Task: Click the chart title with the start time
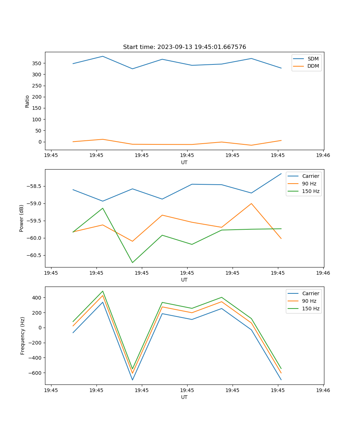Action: (x=184, y=47)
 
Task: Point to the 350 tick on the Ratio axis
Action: (x=37, y=63)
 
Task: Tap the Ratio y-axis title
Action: (x=27, y=101)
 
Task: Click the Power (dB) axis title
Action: (x=22, y=218)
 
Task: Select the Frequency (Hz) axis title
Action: (x=23, y=336)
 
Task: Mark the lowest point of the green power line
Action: (x=132, y=262)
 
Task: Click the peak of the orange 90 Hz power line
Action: (x=251, y=203)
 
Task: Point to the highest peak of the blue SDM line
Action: (x=103, y=56)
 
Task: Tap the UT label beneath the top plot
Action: (x=184, y=162)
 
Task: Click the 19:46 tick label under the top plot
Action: (x=323, y=156)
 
